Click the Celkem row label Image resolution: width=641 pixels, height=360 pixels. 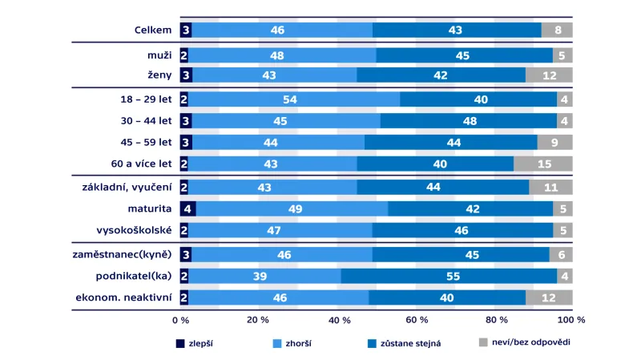(153, 30)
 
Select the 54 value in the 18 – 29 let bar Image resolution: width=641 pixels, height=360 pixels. (294, 100)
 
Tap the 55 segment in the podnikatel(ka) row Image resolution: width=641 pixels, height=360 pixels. (449, 276)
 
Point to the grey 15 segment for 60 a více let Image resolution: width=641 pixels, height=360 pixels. (543, 164)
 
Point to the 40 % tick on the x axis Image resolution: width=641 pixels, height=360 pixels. (337, 320)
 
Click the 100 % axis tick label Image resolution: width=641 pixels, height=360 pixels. (572, 320)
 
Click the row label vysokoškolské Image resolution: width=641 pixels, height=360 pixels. (138, 229)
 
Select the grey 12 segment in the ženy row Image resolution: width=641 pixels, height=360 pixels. (549, 75)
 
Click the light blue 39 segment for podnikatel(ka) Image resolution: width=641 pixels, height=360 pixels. (264, 276)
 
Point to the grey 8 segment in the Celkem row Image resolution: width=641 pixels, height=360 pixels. (557, 30)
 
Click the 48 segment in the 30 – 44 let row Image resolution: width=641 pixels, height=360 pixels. (469, 121)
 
